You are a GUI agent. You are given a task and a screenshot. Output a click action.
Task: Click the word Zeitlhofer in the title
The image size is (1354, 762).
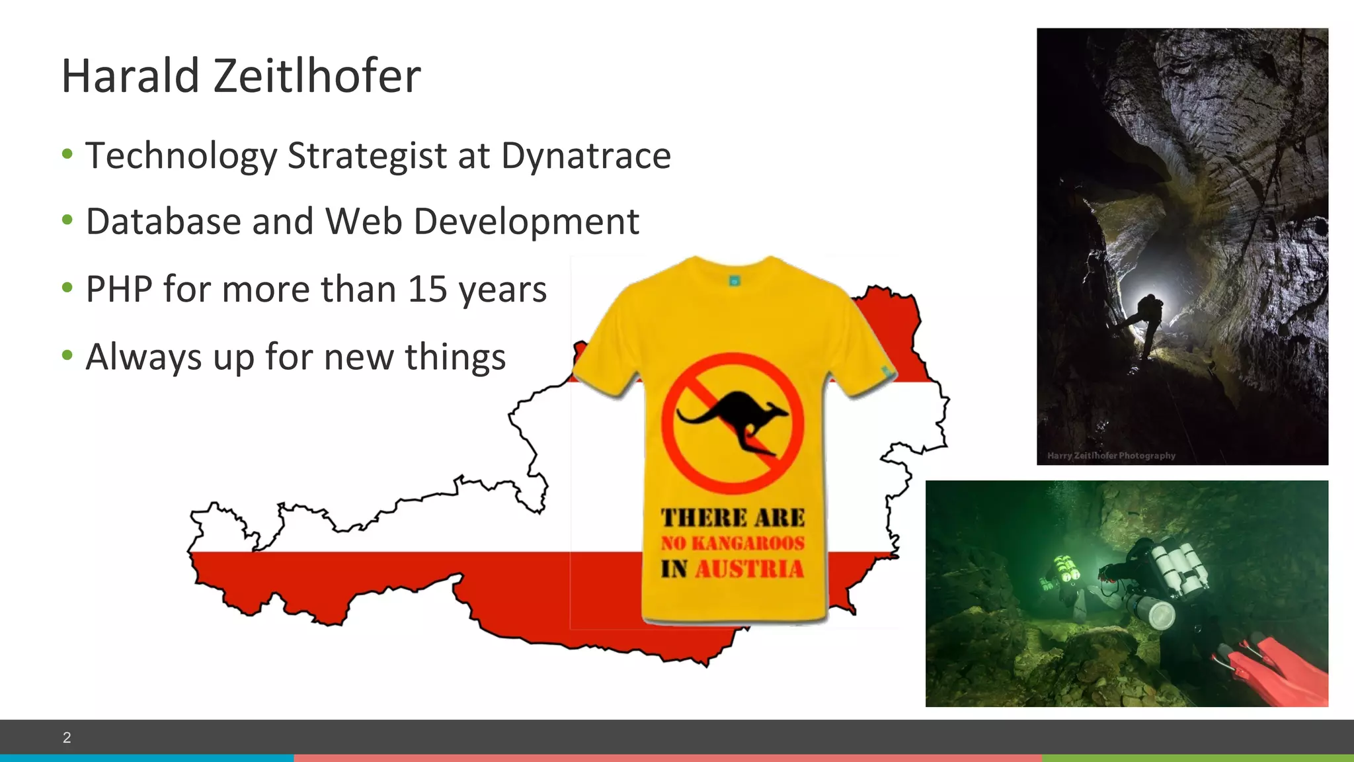[317, 76]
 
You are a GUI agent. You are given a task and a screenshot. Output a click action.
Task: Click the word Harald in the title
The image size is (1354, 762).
[130, 76]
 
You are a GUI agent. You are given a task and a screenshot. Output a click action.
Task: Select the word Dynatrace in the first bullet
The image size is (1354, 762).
[586, 156]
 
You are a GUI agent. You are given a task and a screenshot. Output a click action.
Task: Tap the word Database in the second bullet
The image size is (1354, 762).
[163, 222]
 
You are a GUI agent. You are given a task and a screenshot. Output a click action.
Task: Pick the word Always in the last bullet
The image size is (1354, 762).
[143, 358]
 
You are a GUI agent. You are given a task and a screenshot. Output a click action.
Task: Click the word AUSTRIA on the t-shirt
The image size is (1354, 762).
[749, 569]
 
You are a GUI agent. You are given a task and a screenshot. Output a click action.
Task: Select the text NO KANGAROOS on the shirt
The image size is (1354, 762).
[733, 543]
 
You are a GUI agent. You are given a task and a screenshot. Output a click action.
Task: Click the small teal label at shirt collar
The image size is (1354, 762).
[734, 281]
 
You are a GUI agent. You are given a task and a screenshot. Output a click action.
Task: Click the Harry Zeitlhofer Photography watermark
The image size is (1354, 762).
[1111, 456]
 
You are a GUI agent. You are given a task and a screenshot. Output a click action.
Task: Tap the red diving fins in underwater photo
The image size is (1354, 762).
[1276, 668]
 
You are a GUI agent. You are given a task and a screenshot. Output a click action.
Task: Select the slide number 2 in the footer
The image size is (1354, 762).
[67, 738]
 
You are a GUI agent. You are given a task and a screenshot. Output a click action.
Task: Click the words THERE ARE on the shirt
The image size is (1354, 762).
[733, 517]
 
